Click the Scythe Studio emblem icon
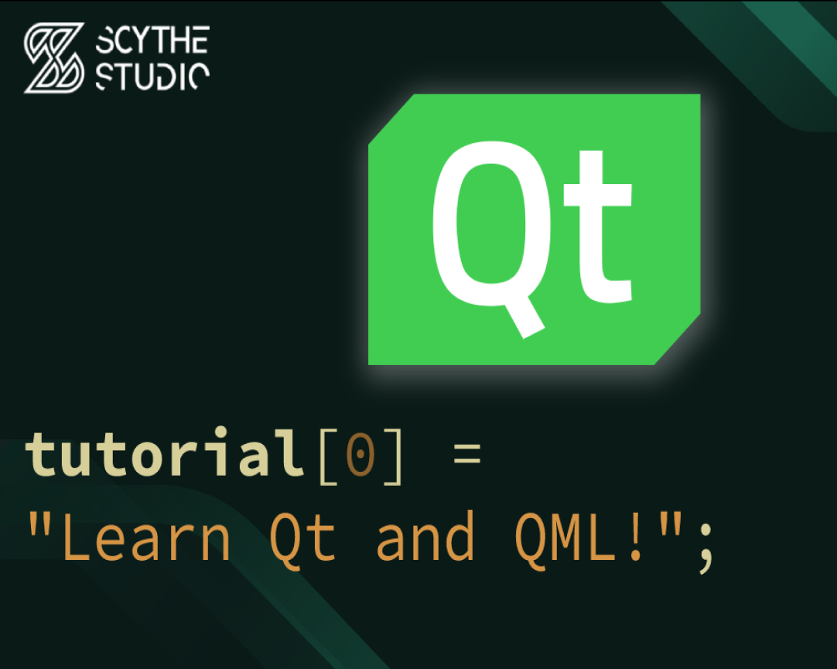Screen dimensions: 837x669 (54, 57)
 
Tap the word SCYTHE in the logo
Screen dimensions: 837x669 (152, 40)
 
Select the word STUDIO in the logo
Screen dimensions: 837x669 (152, 77)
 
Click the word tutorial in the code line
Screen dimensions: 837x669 (165, 452)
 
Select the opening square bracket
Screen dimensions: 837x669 (329, 456)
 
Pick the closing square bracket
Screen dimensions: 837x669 (393, 456)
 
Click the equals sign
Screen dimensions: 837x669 (467, 454)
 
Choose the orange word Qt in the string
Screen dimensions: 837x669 (302, 539)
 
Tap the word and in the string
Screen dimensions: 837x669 (425, 535)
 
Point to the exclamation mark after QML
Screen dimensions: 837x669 (635, 536)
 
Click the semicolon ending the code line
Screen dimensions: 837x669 (705, 548)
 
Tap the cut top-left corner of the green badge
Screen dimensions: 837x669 (391, 118)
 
